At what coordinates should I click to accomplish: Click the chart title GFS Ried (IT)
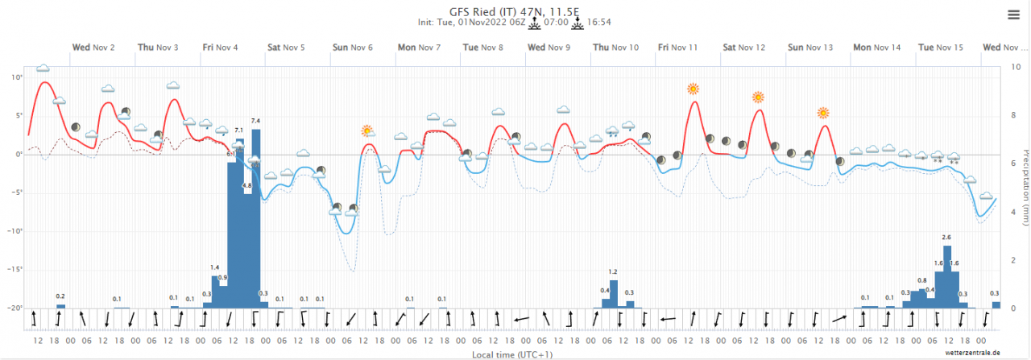pyautogui.click(x=515, y=10)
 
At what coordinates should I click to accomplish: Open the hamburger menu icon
pyautogui.click(x=1013, y=14)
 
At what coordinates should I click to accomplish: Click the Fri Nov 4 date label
pyautogui.click(x=221, y=48)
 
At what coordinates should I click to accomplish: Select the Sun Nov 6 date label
pyautogui.click(x=352, y=48)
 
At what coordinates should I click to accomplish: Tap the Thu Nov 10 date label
pyautogui.click(x=615, y=48)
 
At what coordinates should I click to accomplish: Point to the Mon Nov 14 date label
pyautogui.click(x=876, y=48)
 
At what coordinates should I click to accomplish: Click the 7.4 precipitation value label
pyautogui.click(x=255, y=121)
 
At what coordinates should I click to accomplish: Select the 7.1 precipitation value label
pyautogui.click(x=238, y=130)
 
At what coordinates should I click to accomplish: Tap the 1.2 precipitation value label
pyautogui.click(x=613, y=272)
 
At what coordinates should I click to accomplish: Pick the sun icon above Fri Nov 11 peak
pyautogui.click(x=693, y=89)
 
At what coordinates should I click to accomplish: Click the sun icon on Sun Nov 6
pyautogui.click(x=367, y=130)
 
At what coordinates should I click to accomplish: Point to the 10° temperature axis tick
pyautogui.click(x=17, y=77)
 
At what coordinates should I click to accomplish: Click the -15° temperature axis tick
pyautogui.click(x=15, y=270)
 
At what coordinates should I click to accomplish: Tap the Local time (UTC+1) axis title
pyautogui.click(x=512, y=354)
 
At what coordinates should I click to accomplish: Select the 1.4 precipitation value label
pyautogui.click(x=215, y=267)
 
